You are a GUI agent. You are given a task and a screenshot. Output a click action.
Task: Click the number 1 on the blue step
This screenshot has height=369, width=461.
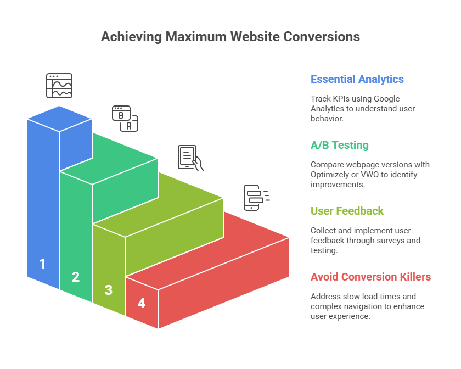pos(42,264)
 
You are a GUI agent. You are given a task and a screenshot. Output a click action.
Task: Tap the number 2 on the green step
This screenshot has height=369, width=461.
pos(76,277)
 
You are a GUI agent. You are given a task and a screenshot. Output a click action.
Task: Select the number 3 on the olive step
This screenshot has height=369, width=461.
pos(109,290)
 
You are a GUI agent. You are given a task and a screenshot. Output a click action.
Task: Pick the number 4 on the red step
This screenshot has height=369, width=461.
pos(142,303)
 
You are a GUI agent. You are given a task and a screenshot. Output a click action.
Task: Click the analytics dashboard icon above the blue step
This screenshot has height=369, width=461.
pos(59,86)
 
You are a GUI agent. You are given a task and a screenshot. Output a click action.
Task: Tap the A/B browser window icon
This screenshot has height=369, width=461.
pos(125,119)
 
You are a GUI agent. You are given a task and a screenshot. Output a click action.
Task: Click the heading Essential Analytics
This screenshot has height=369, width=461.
pos(357,79)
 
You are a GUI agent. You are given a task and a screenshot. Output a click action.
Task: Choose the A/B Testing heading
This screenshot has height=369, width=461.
pos(339,145)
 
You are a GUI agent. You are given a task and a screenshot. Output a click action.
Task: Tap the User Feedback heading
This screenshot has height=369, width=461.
pos(347,211)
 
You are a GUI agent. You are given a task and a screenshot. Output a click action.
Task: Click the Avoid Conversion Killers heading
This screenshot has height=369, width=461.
pos(370,277)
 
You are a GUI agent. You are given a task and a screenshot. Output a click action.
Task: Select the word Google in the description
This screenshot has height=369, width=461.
pos(387,99)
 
